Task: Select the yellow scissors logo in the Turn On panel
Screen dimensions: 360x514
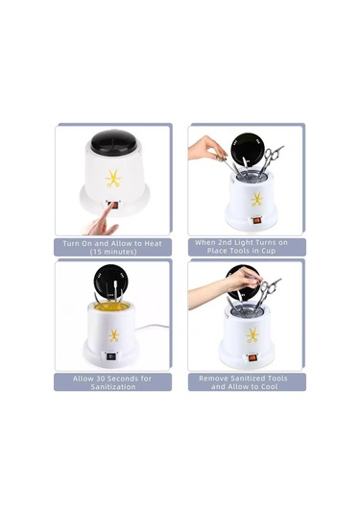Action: [x=113, y=179]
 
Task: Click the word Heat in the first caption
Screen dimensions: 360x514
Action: [x=154, y=244]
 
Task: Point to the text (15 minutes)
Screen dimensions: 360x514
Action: [x=113, y=252]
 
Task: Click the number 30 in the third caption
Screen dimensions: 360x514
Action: [x=100, y=379]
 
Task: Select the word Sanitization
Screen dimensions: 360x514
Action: [x=113, y=387]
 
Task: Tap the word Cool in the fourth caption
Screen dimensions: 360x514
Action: [x=269, y=386]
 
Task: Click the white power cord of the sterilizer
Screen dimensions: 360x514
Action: [x=151, y=327]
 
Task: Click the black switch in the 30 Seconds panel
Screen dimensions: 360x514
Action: [x=111, y=356]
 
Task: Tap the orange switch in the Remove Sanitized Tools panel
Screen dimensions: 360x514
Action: [x=252, y=357]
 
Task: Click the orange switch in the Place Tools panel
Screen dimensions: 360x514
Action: [x=255, y=221]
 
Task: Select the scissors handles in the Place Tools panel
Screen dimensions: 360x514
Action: [x=273, y=155]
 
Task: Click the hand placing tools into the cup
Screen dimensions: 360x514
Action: [x=207, y=148]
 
